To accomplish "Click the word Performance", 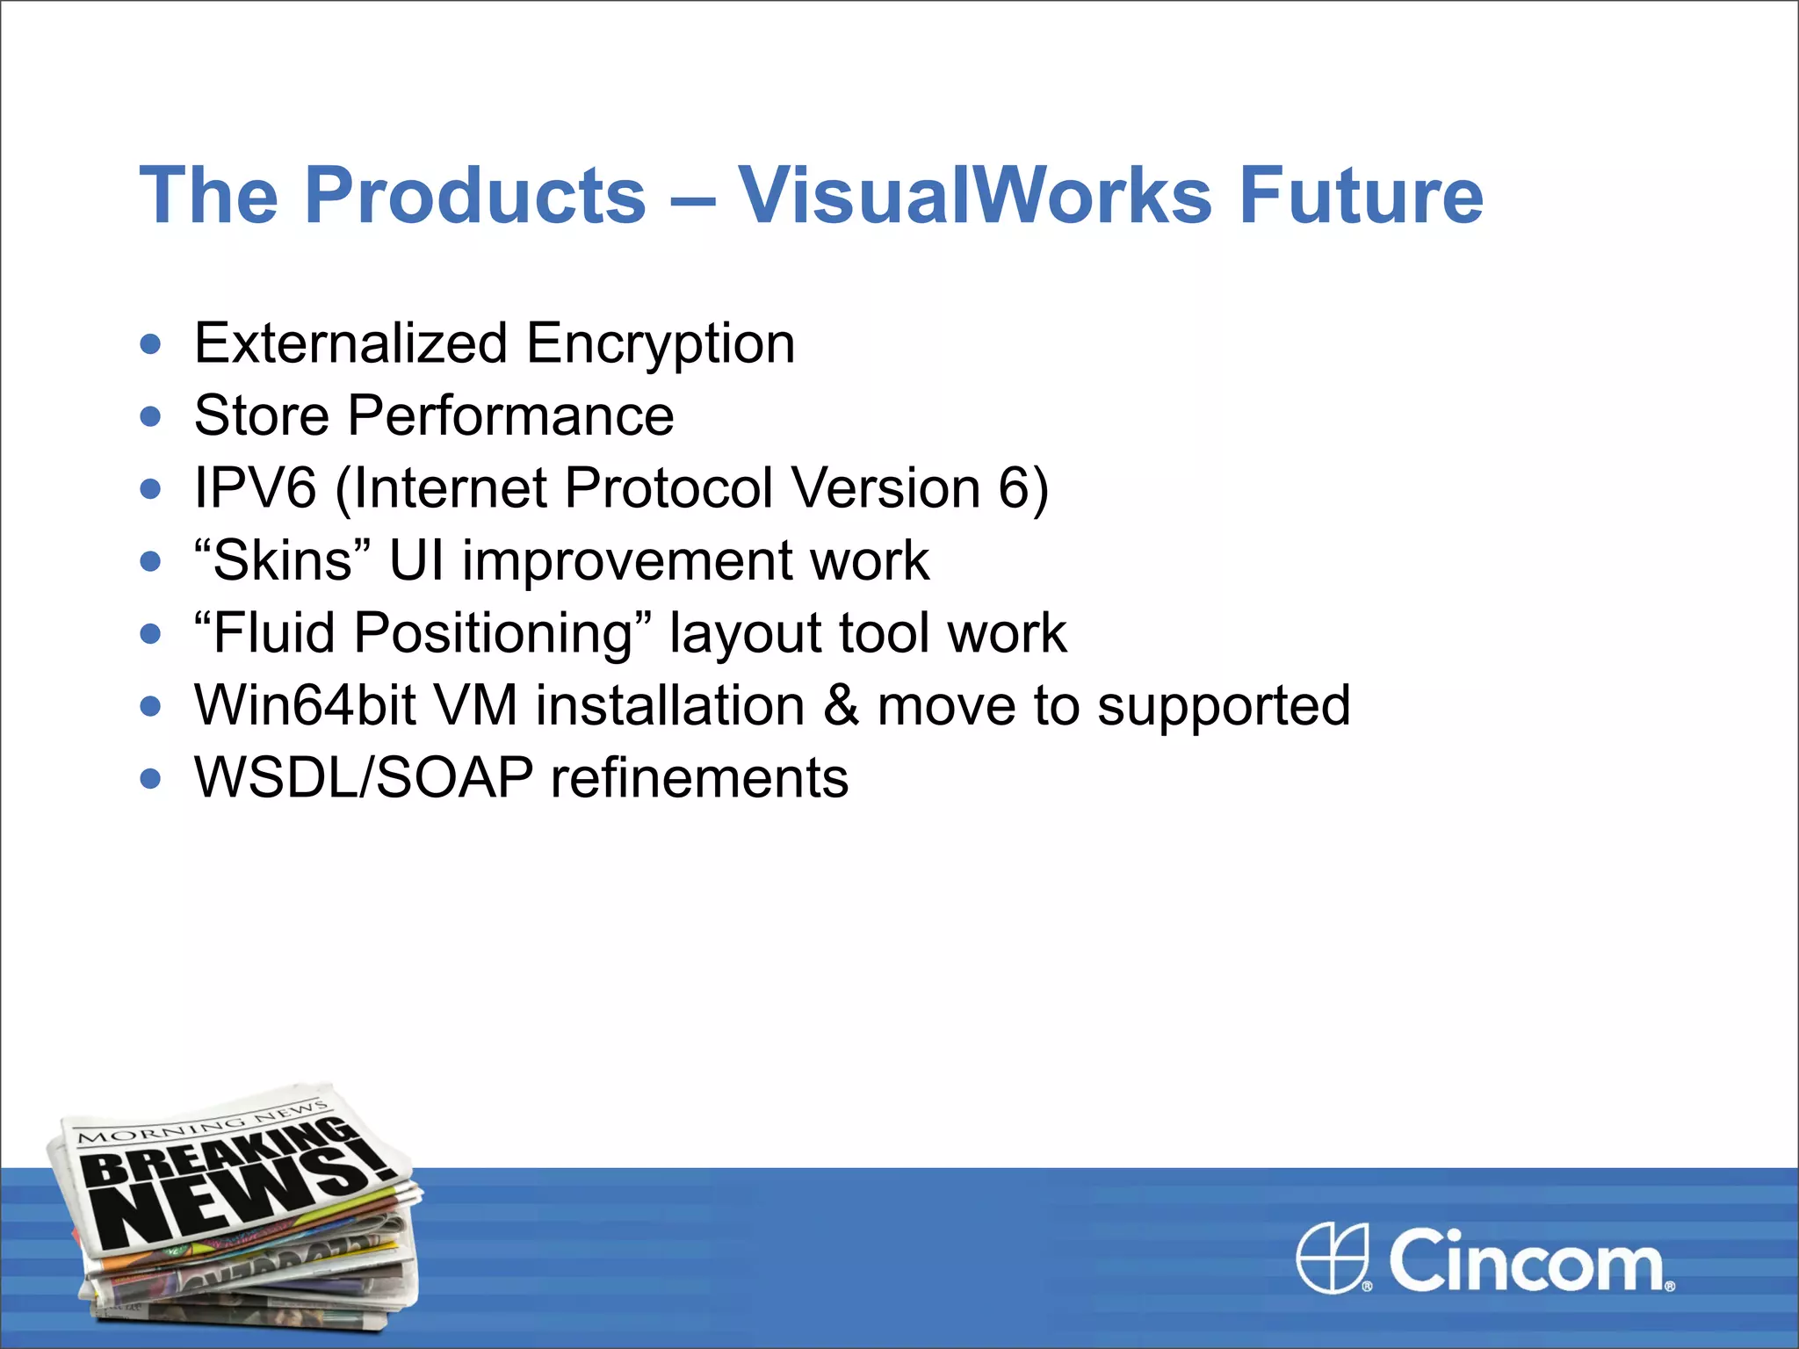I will (x=510, y=415).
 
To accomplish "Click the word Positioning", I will (x=493, y=634).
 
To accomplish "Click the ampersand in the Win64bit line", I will (x=841, y=705).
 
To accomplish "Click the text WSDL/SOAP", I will (x=364, y=778).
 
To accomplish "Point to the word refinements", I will (x=699, y=778).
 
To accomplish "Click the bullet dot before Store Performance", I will (x=151, y=415).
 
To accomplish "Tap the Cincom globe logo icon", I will (x=1333, y=1258).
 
